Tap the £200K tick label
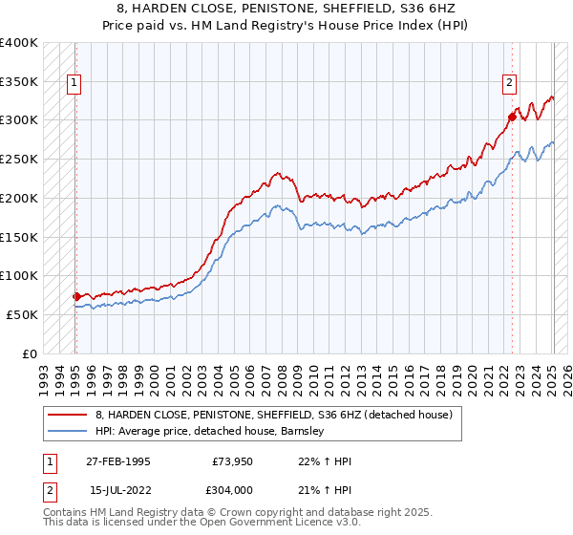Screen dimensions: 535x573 coord(19,199)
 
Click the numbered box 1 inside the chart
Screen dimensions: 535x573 coord(74,83)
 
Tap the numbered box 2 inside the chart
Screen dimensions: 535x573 coord(510,83)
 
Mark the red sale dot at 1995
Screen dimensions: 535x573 coord(76,296)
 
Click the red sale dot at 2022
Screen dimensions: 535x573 coord(513,118)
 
